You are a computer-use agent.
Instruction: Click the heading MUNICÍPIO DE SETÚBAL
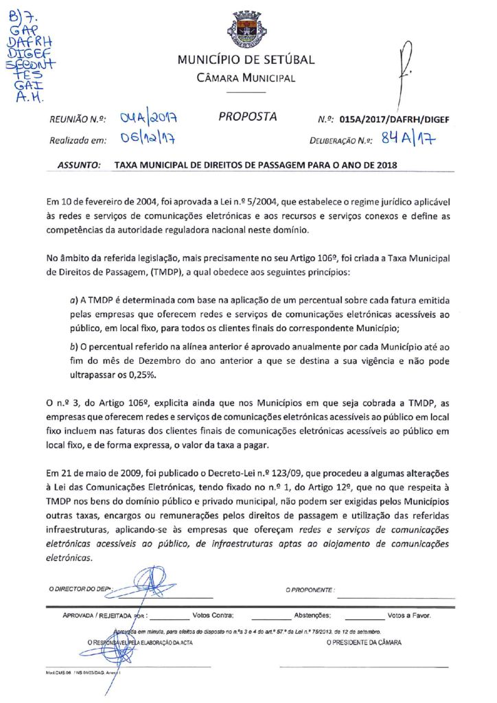coord(246,60)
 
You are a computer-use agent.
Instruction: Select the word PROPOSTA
coord(248,117)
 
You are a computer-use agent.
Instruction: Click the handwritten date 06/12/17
coord(146,139)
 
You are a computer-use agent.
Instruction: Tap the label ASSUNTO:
coord(80,165)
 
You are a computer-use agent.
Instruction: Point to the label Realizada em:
coord(77,141)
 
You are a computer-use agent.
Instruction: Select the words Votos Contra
coord(213,615)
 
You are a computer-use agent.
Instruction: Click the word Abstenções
coord(312,615)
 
